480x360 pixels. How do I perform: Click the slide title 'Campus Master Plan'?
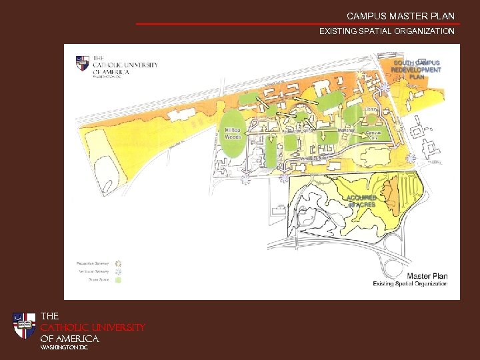(400, 15)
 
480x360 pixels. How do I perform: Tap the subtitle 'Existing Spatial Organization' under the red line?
(387, 31)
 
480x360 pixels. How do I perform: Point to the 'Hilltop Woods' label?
(233, 133)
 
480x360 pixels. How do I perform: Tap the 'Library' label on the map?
(371, 108)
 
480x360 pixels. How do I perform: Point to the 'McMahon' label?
(346, 130)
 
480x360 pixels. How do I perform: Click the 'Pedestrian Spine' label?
(297, 131)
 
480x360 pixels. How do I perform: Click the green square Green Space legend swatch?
(119, 280)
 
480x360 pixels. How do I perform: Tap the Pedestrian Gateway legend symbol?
(119, 263)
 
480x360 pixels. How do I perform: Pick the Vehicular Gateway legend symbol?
(119, 271)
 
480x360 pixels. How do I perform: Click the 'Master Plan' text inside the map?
(427, 275)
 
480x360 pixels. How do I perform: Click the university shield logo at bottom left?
(25, 326)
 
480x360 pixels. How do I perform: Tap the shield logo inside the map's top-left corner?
(83, 63)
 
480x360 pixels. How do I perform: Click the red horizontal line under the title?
(297, 24)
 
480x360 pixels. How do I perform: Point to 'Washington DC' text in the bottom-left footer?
(64, 347)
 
